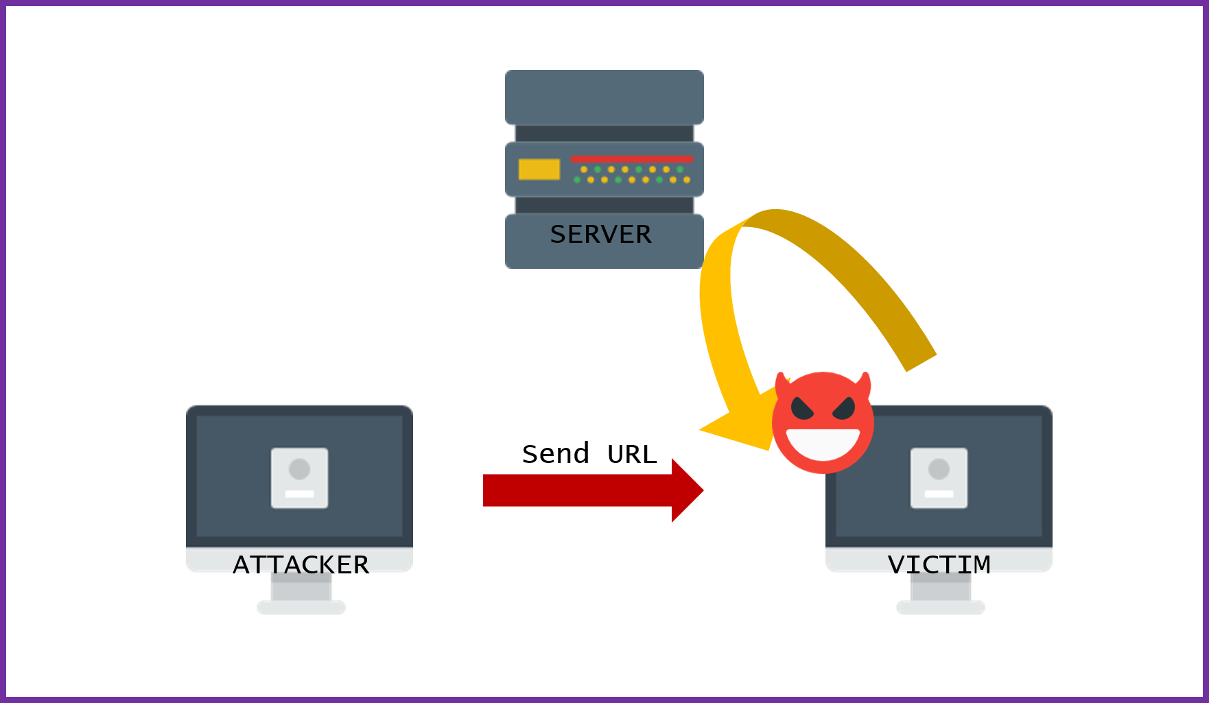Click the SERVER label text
pyautogui.click(x=600, y=235)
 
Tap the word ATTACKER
pyautogui.click(x=301, y=564)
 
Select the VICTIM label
pyautogui.click(x=939, y=564)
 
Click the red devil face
pyautogui.click(x=823, y=422)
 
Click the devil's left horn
pyautogui.click(x=781, y=383)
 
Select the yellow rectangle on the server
pyautogui.click(x=539, y=169)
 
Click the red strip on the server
pyautogui.click(x=631, y=159)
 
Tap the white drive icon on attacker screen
pyautogui.click(x=299, y=478)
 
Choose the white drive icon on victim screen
pyautogui.click(x=939, y=478)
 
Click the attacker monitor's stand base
pyautogui.click(x=301, y=607)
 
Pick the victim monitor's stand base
pyautogui.click(x=941, y=607)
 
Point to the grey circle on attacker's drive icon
pyautogui.click(x=299, y=469)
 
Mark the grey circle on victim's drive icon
pyautogui.click(x=939, y=469)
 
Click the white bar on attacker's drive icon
pyautogui.click(x=299, y=494)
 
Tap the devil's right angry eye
pyautogui.click(x=844, y=409)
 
